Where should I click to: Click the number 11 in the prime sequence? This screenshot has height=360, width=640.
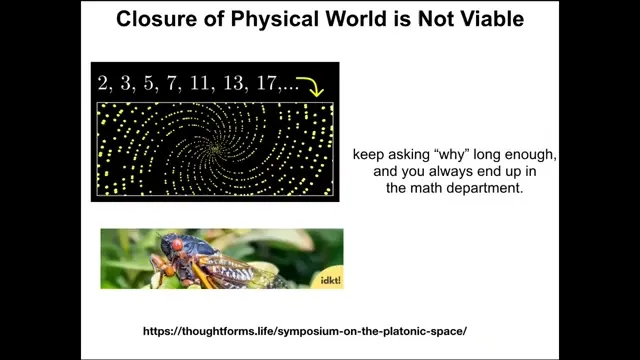tap(200, 83)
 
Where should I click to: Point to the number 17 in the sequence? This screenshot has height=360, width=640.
tap(266, 83)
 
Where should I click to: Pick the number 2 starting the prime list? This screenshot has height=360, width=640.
tap(102, 83)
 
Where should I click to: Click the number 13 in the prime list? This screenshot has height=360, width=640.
tap(233, 83)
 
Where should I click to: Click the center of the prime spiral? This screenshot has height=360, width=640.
tap(215, 149)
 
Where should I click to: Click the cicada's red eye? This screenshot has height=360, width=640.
tap(177, 244)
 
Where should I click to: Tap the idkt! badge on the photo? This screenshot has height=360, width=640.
tap(330, 280)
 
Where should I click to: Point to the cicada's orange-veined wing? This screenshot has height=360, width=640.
tap(229, 270)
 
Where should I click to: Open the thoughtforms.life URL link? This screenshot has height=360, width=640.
tap(305, 331)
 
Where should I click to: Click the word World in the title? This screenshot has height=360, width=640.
tap(358, 19)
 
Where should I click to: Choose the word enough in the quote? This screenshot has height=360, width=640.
tap(531, 155)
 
